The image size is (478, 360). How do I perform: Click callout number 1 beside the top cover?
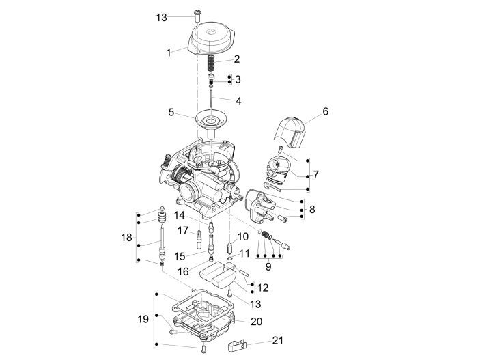click(168, 52)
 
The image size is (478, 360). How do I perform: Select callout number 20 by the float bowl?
click(256, 321)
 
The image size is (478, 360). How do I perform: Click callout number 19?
click(143, 319)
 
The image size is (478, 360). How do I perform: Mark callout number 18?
click(126, 238)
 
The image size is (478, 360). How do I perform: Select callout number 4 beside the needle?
click(238, 100)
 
